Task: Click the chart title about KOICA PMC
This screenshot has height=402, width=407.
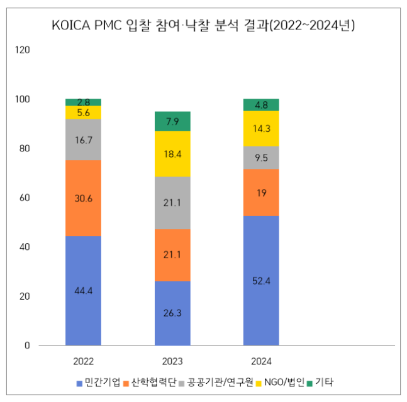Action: click(203, 25)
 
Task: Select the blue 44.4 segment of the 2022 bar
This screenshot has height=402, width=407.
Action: click(84, 290)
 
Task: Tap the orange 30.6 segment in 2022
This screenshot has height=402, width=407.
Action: click(84, 198)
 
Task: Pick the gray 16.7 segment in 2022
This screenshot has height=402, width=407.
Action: click(84, 139)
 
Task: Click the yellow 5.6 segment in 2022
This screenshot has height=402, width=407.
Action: click(84, 113)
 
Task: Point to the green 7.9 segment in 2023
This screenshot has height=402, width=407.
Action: click(173, 121)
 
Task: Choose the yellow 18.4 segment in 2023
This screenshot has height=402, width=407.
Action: click(173, 154)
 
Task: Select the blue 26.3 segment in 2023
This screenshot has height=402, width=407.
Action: click(173, 313)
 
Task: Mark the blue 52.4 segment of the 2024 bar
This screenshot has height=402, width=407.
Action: click(261, 280)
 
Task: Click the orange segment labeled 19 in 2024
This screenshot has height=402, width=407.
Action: click(261, 193)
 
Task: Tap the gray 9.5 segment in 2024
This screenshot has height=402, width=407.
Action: click(261, 158)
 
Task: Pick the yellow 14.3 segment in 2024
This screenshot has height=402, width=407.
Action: click(261, 129)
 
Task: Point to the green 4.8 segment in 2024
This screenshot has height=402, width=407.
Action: click(261, 105)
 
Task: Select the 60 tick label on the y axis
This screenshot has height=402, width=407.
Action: click(25, 198)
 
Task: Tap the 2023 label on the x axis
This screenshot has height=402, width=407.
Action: click(173, 361)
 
